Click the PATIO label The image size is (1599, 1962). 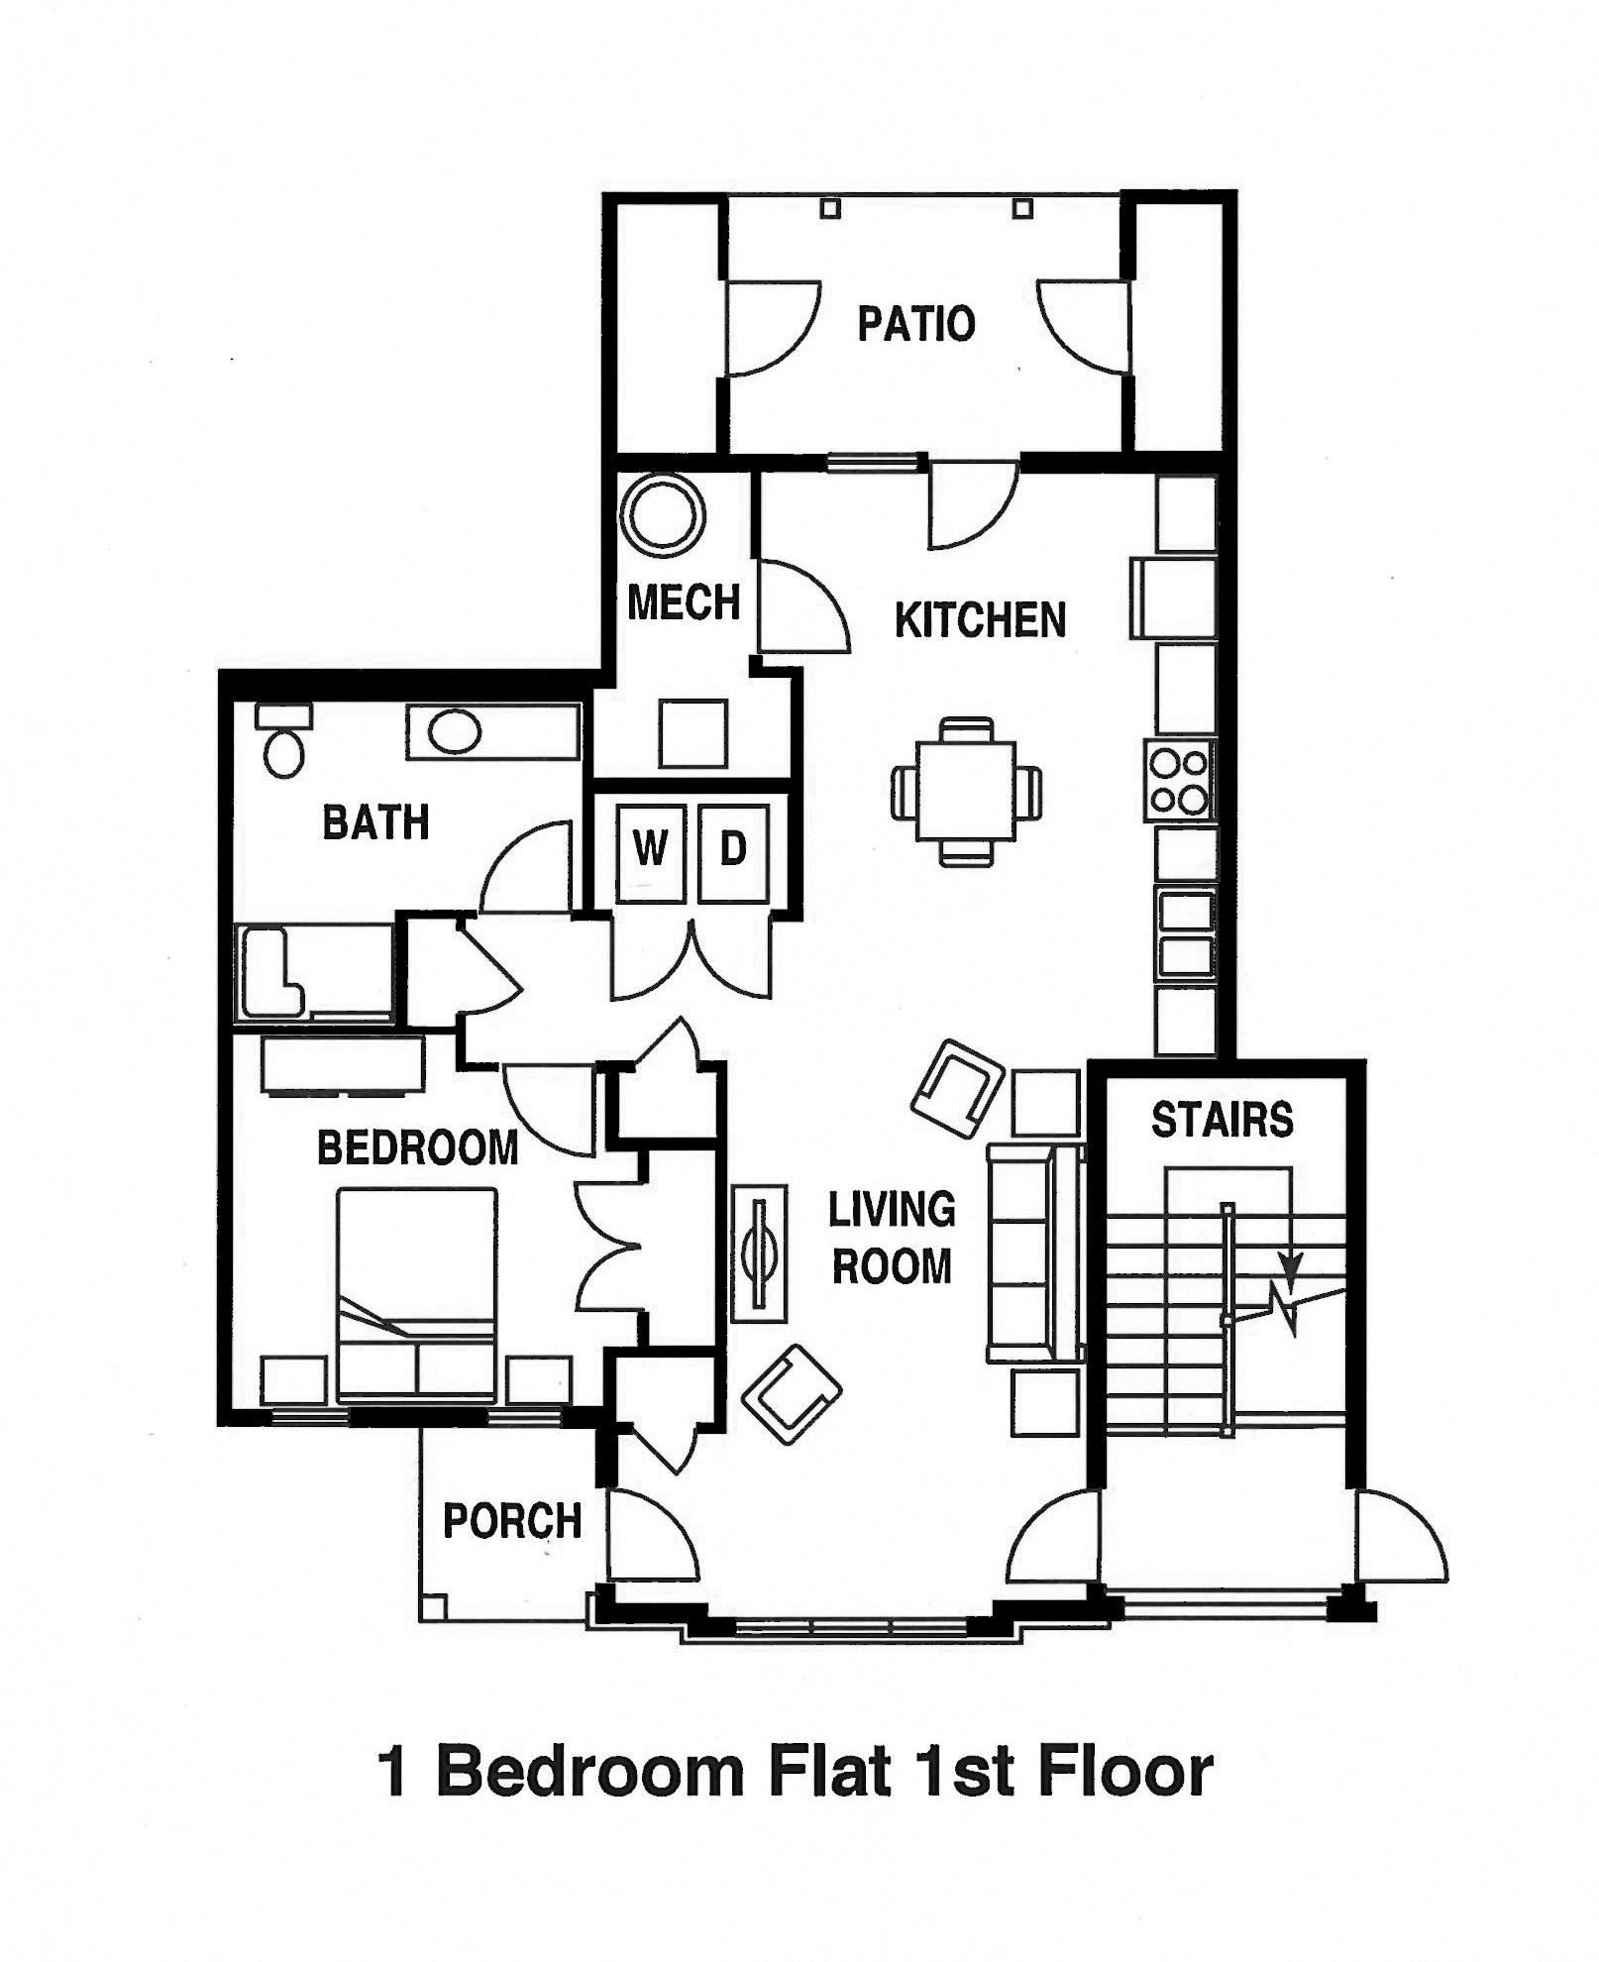click(x=915, y=324)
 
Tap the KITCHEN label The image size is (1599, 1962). click(x=979, y=620)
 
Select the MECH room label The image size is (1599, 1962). click(x=684, y=601)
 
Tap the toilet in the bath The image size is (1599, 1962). click(x=284, y=744)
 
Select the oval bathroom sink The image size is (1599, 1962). click(x=455, y=733)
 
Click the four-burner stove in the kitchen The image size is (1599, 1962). click(x=1179, y=780)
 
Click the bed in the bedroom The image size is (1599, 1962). click(x=416, y=1294)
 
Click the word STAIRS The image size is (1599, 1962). click(x=1222, y=1120)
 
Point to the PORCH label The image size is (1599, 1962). click(x=511, y=1521)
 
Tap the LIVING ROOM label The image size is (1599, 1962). click(x=891, y=1238)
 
